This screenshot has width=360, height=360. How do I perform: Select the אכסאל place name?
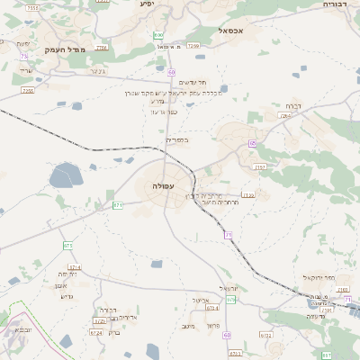(x=232, y=31)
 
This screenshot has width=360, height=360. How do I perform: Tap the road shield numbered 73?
(x=24, y=56)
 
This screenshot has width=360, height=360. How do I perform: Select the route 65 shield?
(x=253, y=143)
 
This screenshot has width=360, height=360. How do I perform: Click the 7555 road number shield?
(x=32, y=7)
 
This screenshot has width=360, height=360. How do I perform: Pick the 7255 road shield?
(x=28, y=90)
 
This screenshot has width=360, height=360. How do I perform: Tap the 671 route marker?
(x=118, y=205)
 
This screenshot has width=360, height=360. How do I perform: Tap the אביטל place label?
(x=201, y=300)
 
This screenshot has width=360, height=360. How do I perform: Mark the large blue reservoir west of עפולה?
(x=65, y=175)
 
